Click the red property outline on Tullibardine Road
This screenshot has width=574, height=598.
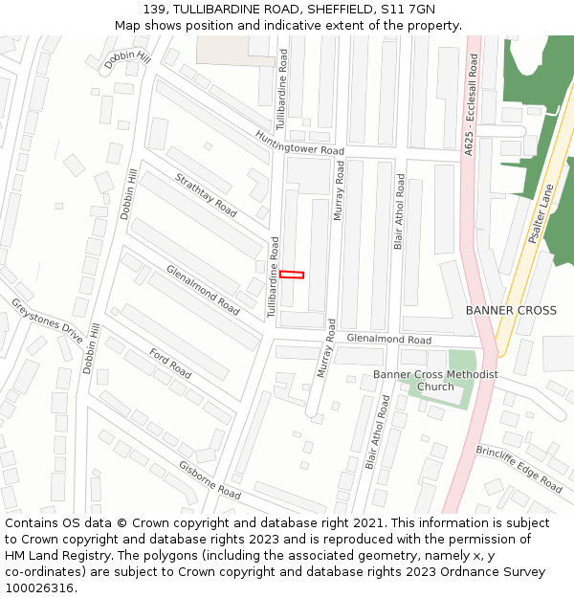click(292, 275)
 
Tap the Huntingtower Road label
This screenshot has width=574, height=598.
click(299, 144)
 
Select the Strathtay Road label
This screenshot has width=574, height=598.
click(206, 194)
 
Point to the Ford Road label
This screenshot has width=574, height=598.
click(170, 364)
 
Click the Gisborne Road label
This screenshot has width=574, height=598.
click(210, 479)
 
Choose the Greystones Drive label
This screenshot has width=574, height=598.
click(47, 321)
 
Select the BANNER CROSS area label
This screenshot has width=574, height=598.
click(511, 311)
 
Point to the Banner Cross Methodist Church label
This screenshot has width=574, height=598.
click(435, 381)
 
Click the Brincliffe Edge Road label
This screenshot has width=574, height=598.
click(519, 469)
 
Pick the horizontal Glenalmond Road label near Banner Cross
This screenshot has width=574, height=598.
click(388, 340)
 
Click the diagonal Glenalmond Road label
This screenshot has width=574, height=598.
click(203, 290)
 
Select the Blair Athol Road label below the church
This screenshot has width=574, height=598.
click(378, 433)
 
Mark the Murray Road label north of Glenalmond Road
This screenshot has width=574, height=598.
click(338, 190)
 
